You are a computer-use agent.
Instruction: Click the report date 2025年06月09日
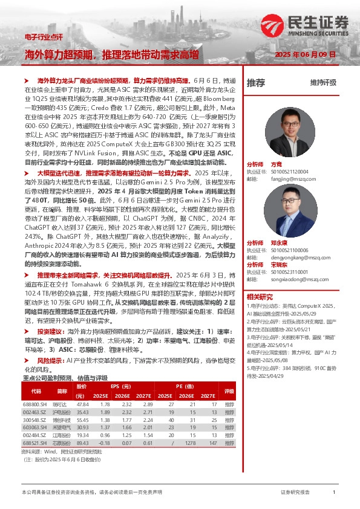click(x=306, y=54)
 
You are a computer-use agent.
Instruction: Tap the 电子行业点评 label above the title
click(x=44, y=37)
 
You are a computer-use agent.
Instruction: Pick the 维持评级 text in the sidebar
click(x=322, y=82)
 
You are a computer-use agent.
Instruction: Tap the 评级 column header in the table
click(x=229, y=391)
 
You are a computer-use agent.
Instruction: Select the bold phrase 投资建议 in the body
click(x=51, y=331)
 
